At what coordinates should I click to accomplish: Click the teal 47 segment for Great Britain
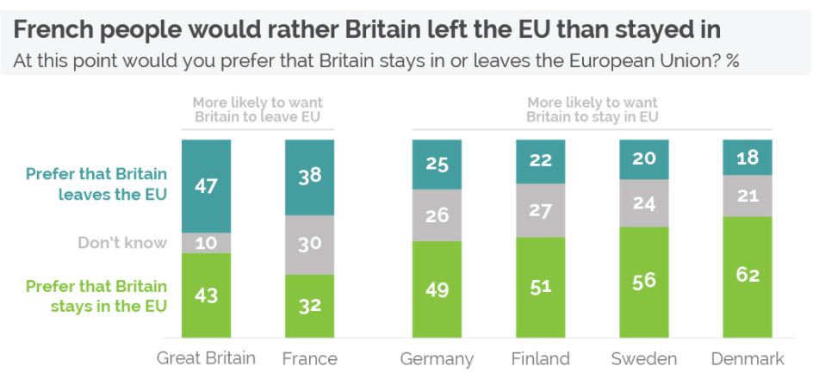pyautogui.click(x=206, y=185)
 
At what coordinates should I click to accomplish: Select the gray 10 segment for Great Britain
pyautogui.click(x=206, y=243)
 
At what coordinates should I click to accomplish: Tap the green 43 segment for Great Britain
pyautogui.click(x=206, y=295)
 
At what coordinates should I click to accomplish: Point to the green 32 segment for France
pyautogui.click(x=309, y=306)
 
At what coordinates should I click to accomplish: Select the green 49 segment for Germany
pyautogui.click(x=437, y=289)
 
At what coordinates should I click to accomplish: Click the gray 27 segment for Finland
pyautogui.click(x=540, y=210)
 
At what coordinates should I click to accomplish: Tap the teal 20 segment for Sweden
pyautogui.click(x=643, y=160)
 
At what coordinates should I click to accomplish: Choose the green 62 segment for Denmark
pyautogui.click(x=747, y=276)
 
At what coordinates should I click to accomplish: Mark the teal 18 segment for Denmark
pyautogui.click(x=747, y=158)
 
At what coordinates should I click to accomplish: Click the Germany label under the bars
pyautogui.click(x=437, y=358)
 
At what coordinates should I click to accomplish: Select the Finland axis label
pyautogui.click(x=540, y=358)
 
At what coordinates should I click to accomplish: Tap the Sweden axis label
pyautogui.click(x=643, y=358)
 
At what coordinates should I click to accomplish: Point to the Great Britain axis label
pyautogui.click(x=206, y=358)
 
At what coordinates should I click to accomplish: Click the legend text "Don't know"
pyautogui.click(x=122, y=243)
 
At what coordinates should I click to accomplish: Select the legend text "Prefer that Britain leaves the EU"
pyautogui.click(x=97, y=183)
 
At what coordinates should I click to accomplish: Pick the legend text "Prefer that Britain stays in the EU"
pyautogui.click(x=97, y=295)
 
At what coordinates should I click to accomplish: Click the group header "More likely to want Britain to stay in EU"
pyautogui.click(x=592, y=109)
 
